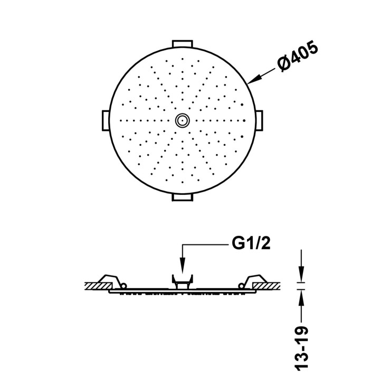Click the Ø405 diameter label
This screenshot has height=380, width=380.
click(x=298, y=56)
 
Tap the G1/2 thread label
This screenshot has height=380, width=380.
click(x=251, y=243)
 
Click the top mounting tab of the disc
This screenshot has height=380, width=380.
click(x=183, y=44)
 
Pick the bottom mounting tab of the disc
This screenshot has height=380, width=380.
click(x=183, y=197)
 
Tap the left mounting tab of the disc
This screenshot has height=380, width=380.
click(x=106, y=120)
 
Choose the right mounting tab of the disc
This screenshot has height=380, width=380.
click(x=259, y=120)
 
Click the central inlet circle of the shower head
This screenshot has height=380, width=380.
click(x=183, y=120)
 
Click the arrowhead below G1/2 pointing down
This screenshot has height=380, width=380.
click(x=183, y=266)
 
